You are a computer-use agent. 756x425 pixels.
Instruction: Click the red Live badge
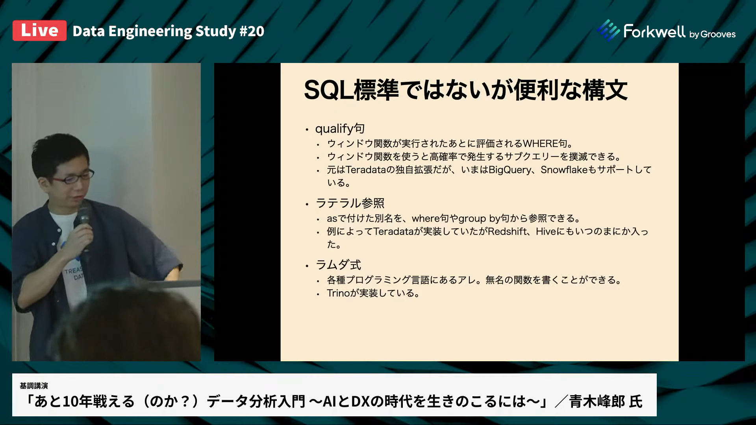[x=39, y=31]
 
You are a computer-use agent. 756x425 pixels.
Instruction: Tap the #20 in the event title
[x=252, y=31]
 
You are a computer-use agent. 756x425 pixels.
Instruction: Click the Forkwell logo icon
[x=608, y=30]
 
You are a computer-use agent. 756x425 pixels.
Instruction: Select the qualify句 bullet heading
[x=340, y=129]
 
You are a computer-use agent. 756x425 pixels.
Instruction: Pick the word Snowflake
[x=564, y=170]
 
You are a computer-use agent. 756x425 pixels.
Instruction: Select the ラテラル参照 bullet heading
[x=350, y=203]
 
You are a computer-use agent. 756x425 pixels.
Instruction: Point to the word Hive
[x=546, y=231]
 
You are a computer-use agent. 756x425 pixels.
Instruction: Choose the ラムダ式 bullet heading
[x=338, y=265]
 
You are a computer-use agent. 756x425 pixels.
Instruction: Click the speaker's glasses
[x=75, y=178]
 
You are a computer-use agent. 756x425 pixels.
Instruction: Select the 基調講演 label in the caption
[x=34, y=386]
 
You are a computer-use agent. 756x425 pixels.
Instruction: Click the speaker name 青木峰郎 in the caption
[x=597, y=401]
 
